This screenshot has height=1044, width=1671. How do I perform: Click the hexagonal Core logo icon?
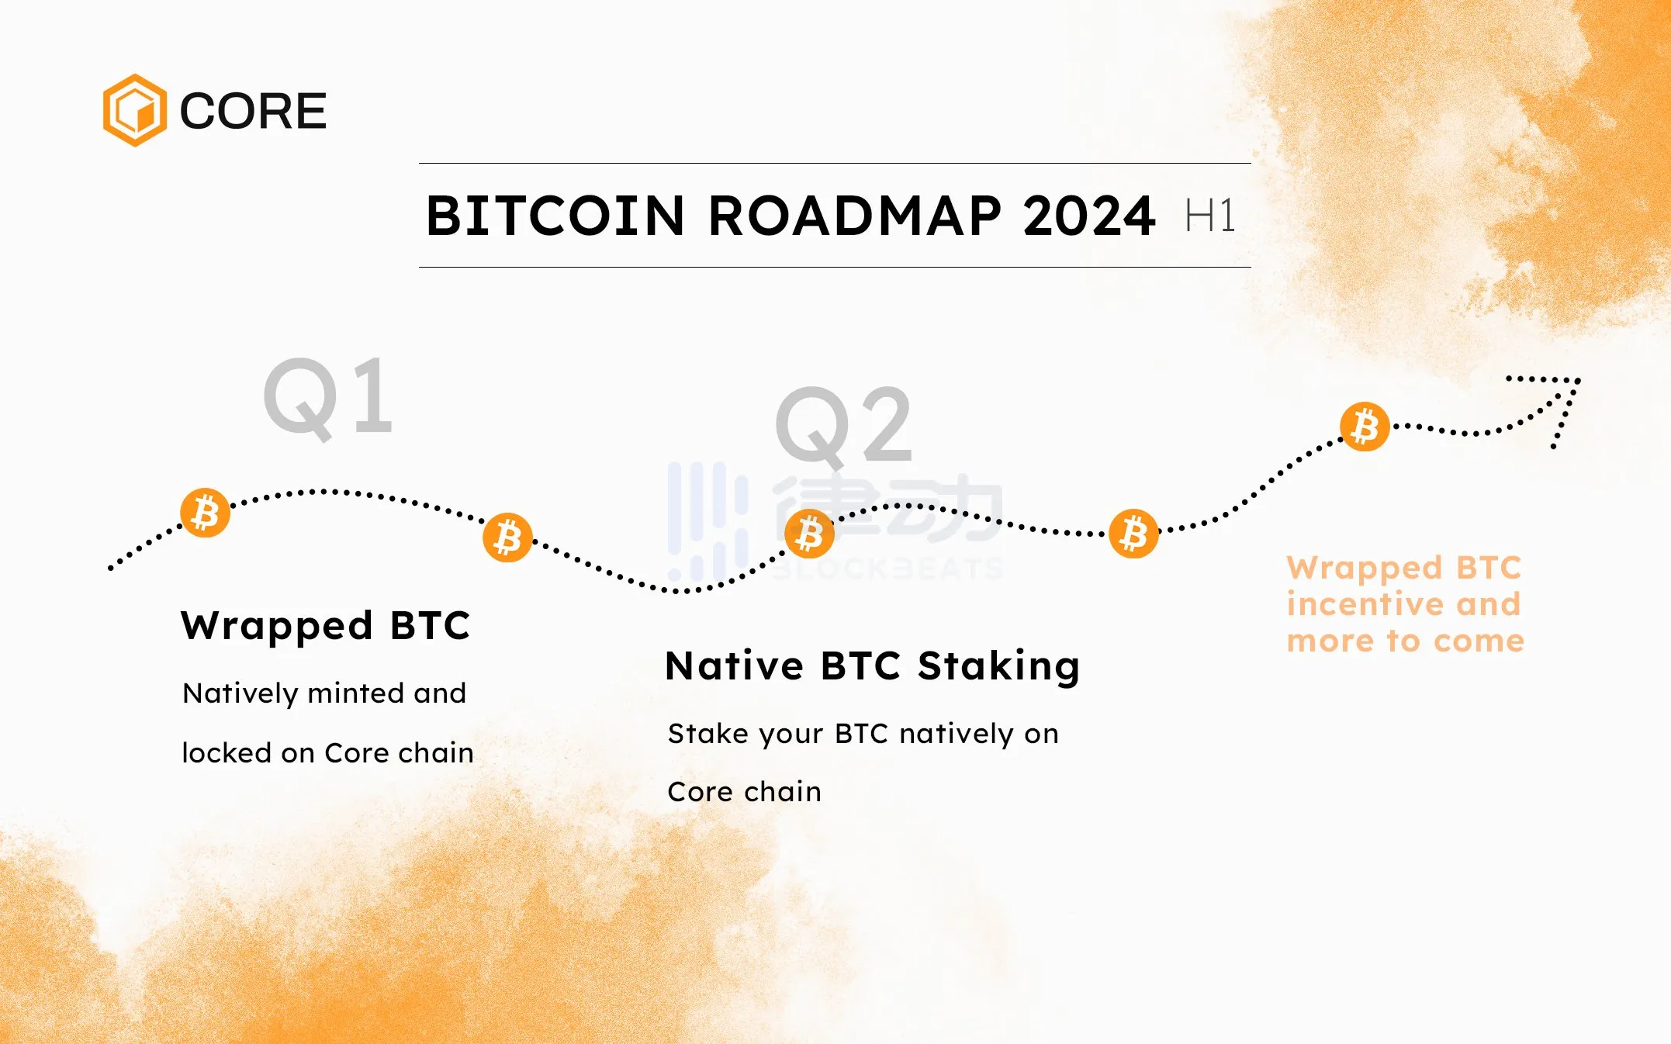135,110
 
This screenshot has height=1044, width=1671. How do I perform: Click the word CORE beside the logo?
253,111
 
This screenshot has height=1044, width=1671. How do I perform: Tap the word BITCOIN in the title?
555,216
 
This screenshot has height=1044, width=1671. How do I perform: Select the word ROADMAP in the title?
854,216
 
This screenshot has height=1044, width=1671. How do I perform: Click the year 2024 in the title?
1089,216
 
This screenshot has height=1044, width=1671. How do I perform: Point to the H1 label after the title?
1210,216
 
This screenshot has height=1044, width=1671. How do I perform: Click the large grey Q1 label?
328,399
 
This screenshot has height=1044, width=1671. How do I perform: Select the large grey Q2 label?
843,427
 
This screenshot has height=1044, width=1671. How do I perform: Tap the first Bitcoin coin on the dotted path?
206,513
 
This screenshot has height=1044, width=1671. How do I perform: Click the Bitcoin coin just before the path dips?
508,537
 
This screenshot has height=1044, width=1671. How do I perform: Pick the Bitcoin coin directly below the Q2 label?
809,534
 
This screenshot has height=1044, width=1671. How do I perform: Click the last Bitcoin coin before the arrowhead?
1365,427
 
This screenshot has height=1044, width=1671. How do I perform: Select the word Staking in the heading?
999,666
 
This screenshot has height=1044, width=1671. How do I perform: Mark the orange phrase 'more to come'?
1406,641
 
